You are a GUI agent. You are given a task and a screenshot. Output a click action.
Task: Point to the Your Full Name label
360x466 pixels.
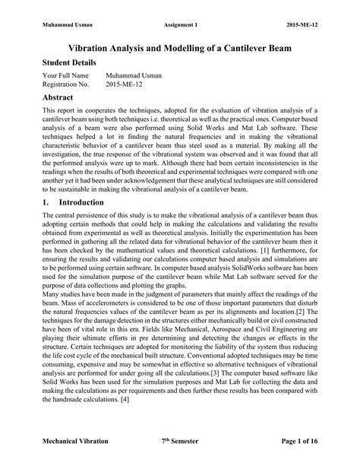66,76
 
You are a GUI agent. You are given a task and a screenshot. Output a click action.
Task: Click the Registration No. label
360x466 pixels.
66,85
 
